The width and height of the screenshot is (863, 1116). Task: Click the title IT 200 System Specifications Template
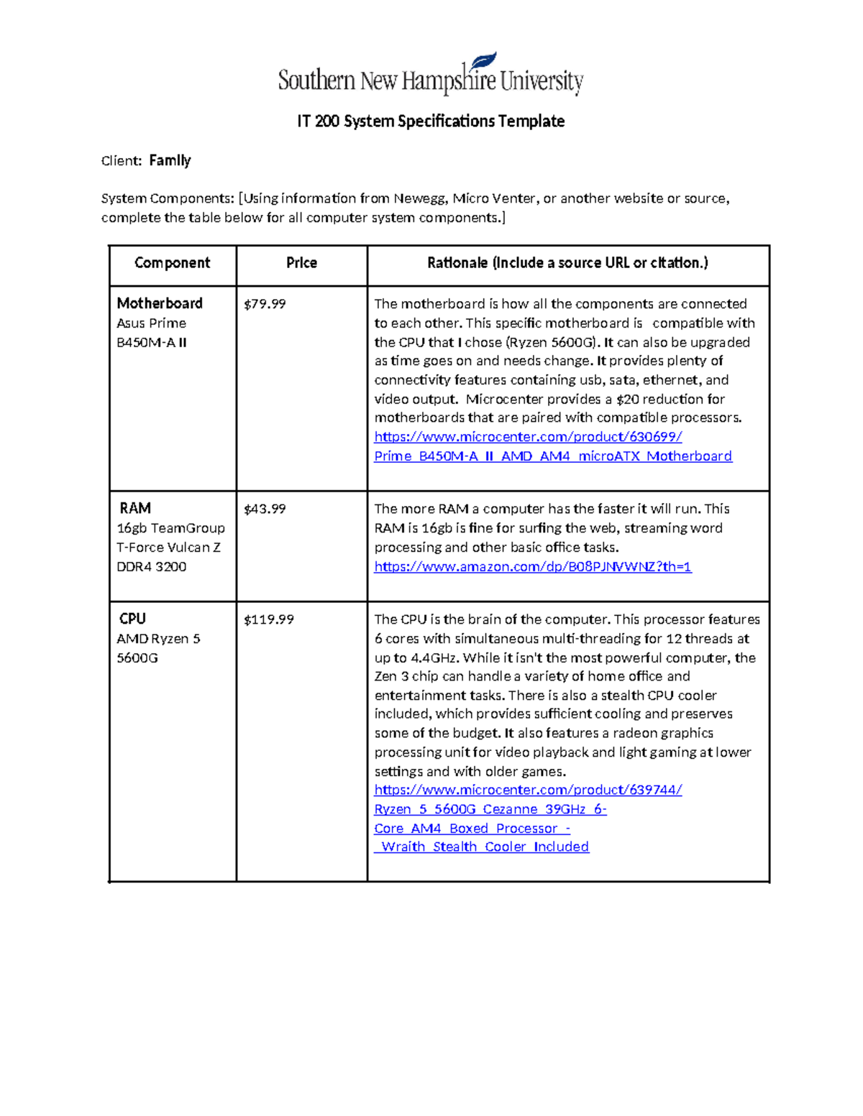pos(430,121)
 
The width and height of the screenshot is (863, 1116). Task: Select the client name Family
pos(170,160)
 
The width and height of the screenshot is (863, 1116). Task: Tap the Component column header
pos(172,263)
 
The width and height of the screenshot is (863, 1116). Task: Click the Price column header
pos(301,263)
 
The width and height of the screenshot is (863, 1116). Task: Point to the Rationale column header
pos(567,263)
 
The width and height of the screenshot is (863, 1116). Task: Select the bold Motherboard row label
pos(160,303)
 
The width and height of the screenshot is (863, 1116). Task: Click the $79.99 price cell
pos(265,304)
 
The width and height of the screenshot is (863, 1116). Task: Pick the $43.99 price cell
pos(265,509)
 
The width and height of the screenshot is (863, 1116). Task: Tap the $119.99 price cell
pos(268,619)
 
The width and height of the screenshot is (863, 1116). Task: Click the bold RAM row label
pos(135,508)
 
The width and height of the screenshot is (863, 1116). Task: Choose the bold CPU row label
pos(132,619)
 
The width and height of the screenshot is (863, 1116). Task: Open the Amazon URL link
pos(532,567)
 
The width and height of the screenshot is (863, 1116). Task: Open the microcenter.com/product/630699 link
pos(528,437)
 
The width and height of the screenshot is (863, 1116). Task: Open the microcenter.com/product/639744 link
pos(528,790)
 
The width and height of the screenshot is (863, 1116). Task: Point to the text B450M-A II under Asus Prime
pos(151,343)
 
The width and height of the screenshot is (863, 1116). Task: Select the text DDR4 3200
pos(151,567)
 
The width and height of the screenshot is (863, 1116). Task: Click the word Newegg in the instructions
pos(419,198)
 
